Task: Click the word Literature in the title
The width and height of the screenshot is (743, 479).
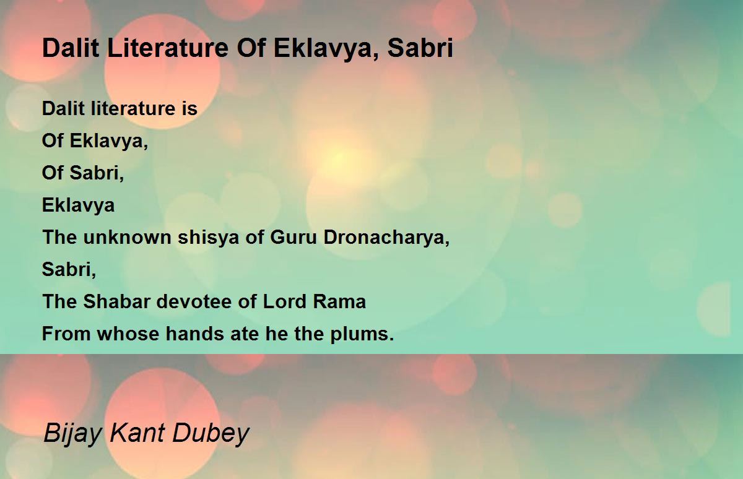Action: pos(168,48)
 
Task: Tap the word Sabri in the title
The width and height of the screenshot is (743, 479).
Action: pos(420,48)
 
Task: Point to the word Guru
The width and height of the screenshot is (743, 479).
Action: pos(293,238)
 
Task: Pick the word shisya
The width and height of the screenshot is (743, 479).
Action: pos(208,238)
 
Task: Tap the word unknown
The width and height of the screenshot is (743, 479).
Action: pos(127,238)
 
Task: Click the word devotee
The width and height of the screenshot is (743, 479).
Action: pos(194,301)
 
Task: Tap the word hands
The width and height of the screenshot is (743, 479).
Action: pos(195,334)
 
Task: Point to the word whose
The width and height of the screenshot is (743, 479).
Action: pos(128,334)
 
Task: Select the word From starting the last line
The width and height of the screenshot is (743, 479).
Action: pos(66,334)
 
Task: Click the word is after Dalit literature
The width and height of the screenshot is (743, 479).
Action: pos(189,108)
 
